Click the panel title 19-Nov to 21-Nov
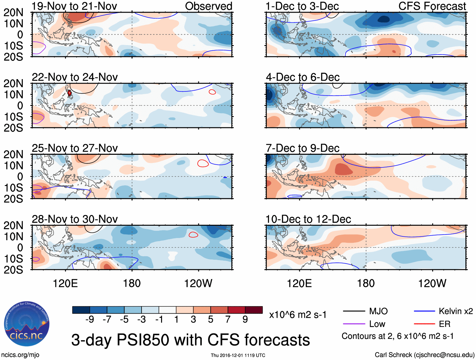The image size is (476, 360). click(74, 6)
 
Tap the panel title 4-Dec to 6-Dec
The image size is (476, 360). click(303, 77)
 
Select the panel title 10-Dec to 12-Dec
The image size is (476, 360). click(308, 219)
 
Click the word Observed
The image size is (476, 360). click(208, 6)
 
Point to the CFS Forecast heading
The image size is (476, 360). click(432, 6)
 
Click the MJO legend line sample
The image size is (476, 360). click(354, 311)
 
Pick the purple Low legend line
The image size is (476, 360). click(354, 324)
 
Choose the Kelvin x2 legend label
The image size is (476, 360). click(456, 311)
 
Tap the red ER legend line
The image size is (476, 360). click(424, 324)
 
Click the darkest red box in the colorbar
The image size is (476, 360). click(254, 310)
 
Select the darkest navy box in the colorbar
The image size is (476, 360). click(81, 310)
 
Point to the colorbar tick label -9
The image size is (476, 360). click(90, 319)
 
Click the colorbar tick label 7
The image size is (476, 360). click(228, 319)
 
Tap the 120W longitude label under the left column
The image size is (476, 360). click(198, 283)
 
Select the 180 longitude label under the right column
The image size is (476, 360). click(366, 283)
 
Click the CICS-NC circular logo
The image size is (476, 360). click(26, 324)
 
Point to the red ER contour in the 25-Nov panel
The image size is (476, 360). click(203, 163)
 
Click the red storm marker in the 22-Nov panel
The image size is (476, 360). click(70, 93)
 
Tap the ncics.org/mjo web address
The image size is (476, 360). click(20, 355)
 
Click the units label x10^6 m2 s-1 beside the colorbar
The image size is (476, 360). click(298, 315)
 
